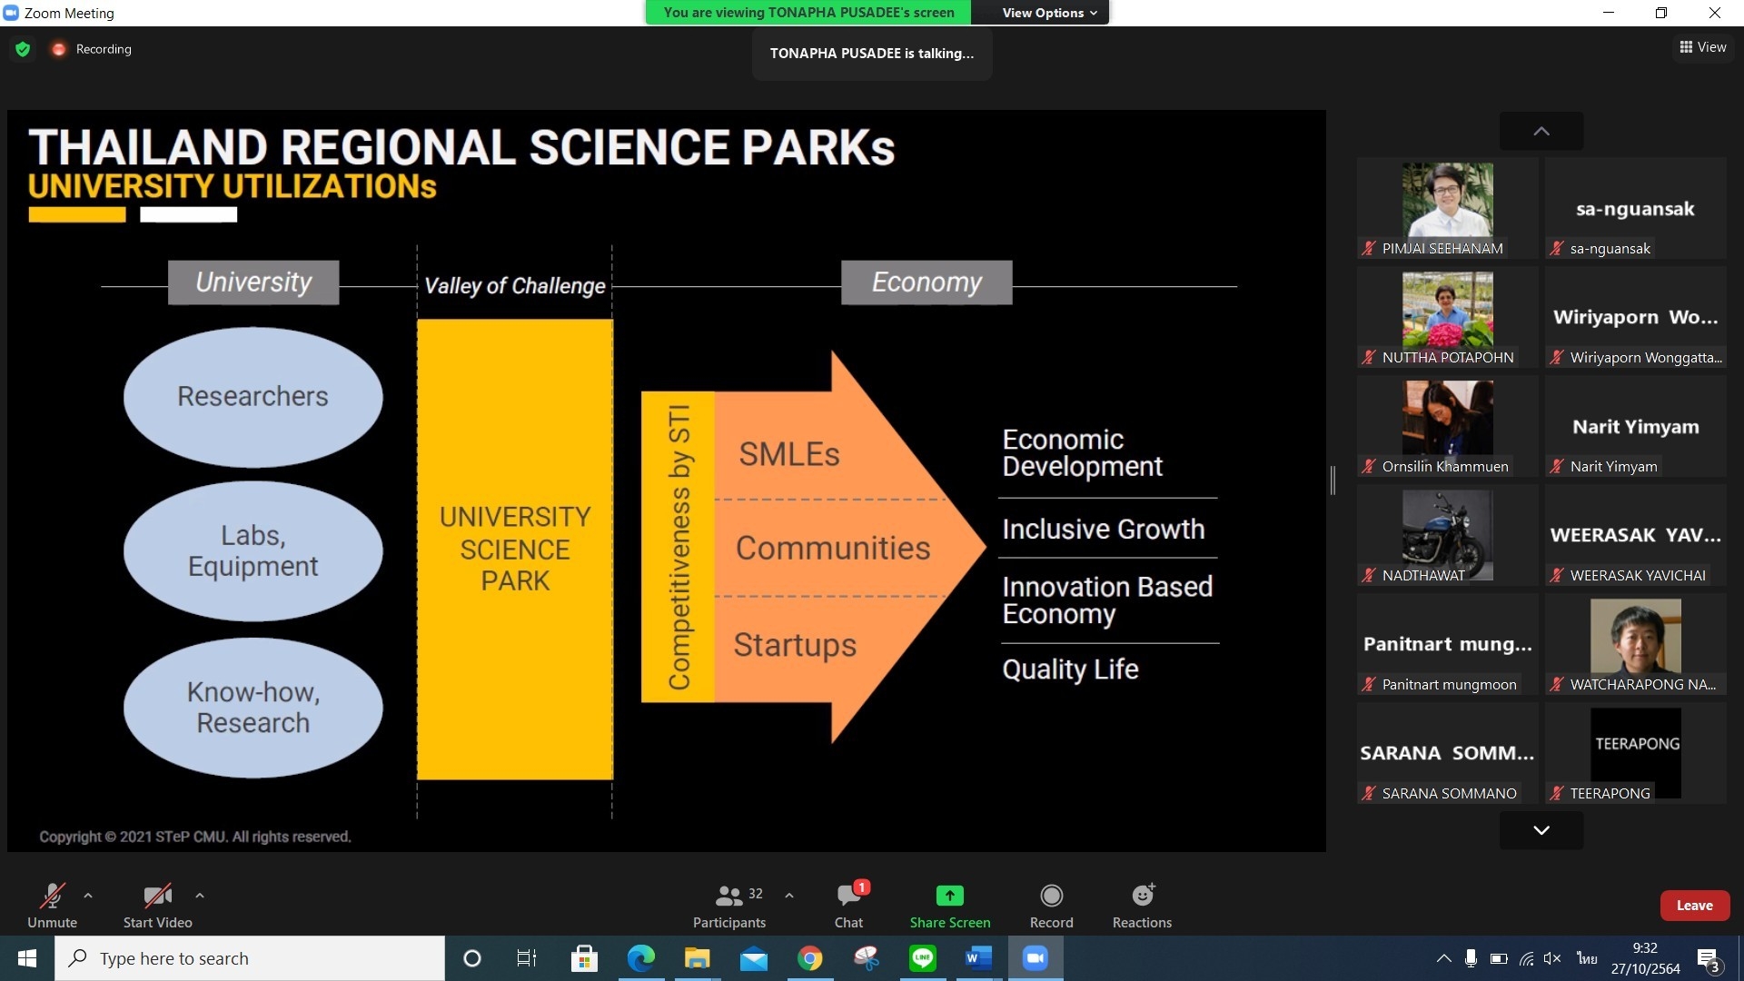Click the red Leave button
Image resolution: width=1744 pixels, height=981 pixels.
[x=1694, y=906]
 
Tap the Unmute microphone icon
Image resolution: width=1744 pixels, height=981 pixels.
[x=52, y=896]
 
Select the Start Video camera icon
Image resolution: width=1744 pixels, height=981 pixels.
[x=157, y=896]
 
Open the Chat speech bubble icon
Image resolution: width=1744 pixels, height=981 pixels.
[x=849, y=896]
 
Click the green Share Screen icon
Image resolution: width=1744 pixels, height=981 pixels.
[x=949, y=896]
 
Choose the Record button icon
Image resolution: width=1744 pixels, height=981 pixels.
[x=1051, y=896]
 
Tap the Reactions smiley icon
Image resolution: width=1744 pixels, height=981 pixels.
[x=1143, y=896]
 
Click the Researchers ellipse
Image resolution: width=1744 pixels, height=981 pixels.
[x=253, y=397]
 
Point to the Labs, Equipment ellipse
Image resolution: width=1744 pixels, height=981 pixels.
[x=253, y=551]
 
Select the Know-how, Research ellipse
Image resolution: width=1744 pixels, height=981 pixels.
[x=253, y=708]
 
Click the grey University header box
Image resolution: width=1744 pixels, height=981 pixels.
[x=253, y=282]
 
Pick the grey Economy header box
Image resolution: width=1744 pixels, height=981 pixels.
[x=926, y=282]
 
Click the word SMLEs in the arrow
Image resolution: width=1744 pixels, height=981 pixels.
[x=788, y=454]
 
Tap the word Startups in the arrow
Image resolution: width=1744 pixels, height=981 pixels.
[x=795, y=645]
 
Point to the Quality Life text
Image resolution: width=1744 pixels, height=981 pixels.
[x=1070, y=669]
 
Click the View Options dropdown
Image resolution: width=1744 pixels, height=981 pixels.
[x=1049, y=13]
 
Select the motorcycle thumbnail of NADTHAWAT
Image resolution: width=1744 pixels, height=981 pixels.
[x=1447, y=534]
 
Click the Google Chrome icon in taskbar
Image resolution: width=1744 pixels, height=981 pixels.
[x=809, y=958]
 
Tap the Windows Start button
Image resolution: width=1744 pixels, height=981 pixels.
[x=27, y=958]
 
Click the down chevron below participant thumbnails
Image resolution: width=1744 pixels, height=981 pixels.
[x=1541, y=830]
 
